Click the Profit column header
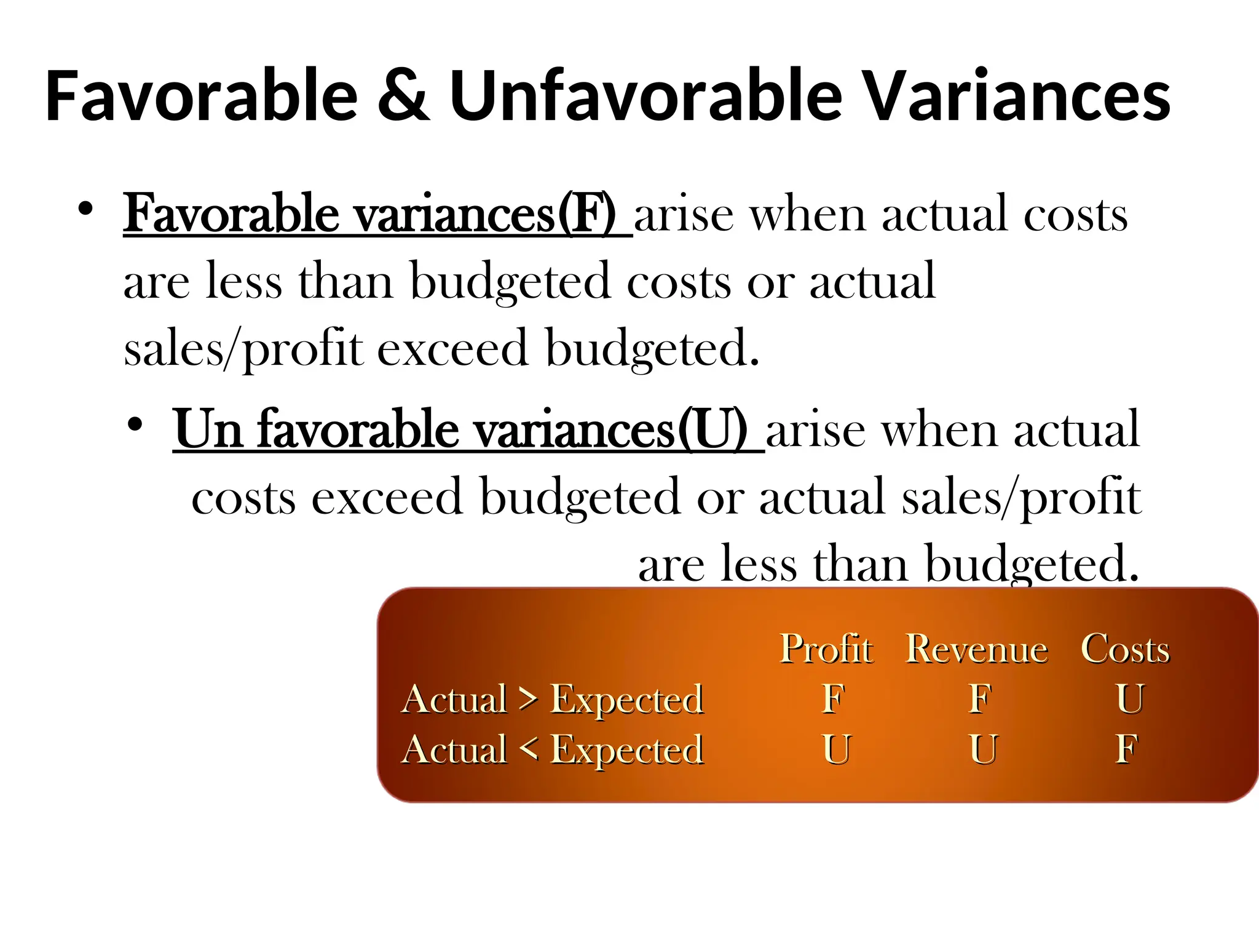[x=826, y=648]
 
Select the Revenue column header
[x=976, y=649]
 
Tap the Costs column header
[x=1125, y=649]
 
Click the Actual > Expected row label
[x=552, y=700]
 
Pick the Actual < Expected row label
[x=552, y=750]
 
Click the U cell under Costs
[x=1130, y=699]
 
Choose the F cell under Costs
[x=1127, y=749]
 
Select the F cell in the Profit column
[x=834, y=699]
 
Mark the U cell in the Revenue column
[x=984, y=749]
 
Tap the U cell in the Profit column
[x=837, y=749]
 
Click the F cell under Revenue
[x=981, y=699]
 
